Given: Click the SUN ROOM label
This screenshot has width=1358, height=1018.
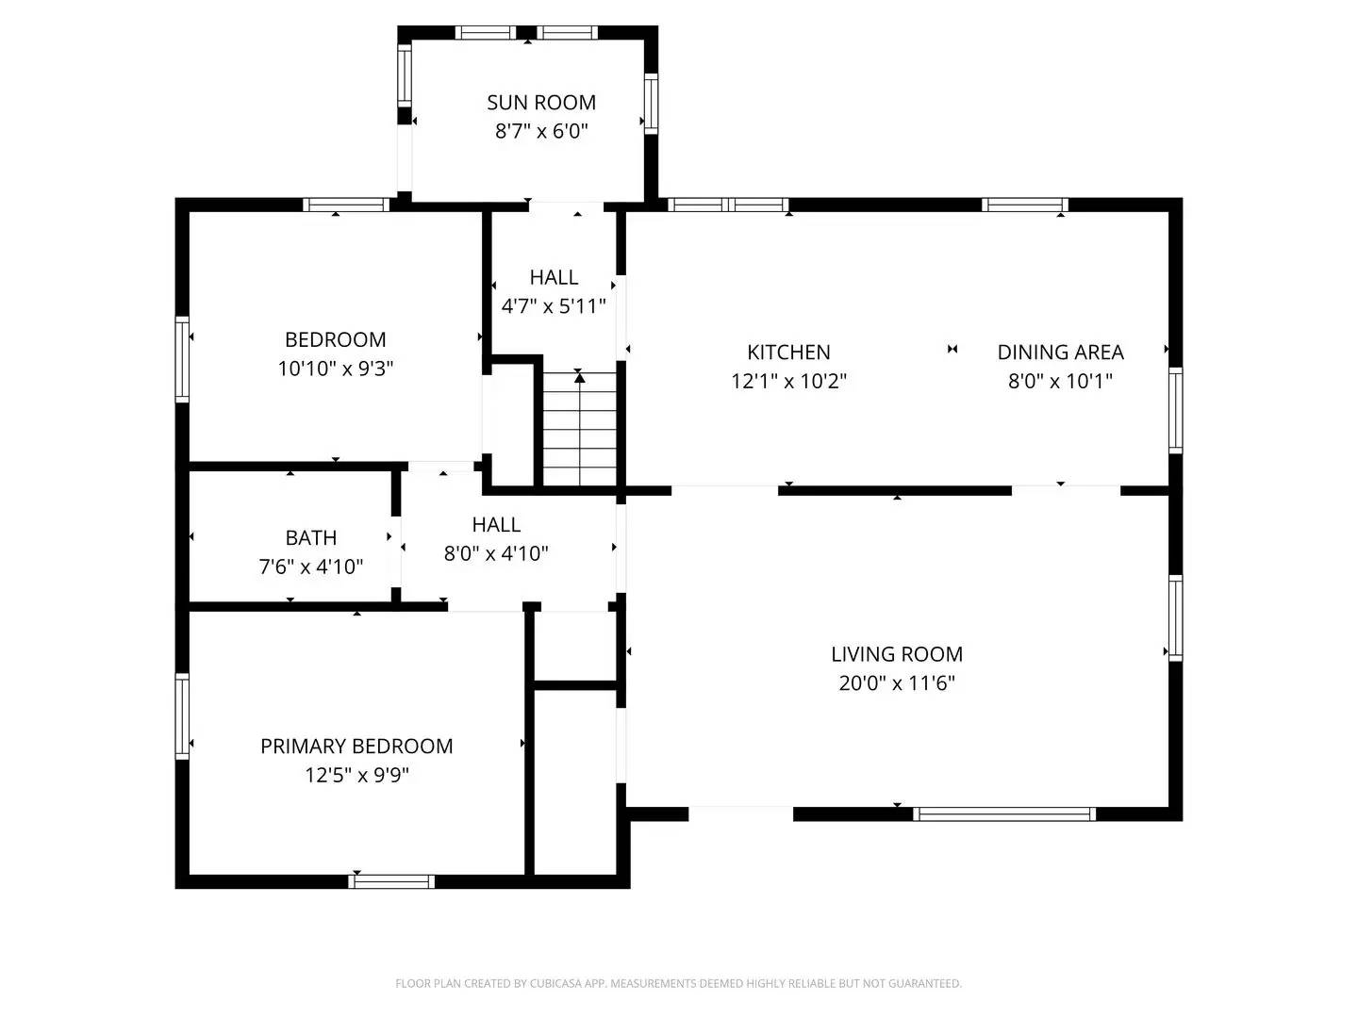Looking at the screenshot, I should tap(541, 102).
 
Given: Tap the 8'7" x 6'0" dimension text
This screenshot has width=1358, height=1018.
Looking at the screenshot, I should tap(541, 131).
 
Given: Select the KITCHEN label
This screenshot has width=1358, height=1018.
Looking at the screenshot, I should tap(788, 352).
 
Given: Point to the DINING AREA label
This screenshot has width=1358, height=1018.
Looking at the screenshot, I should tap(1060, 352).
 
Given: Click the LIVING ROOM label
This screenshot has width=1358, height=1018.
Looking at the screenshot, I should tap(897, 653).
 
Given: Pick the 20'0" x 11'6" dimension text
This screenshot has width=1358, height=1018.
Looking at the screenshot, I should tap(897, 682).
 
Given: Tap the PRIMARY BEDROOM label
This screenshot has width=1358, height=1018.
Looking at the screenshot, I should tap(356, 746).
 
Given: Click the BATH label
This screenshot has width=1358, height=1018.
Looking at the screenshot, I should tap(311, 537).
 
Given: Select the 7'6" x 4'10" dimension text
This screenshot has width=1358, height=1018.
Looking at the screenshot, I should tap(311, 566).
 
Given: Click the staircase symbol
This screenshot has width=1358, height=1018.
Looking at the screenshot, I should tap(579, 429).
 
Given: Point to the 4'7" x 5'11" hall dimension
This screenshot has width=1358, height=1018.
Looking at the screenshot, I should tap(554, 306).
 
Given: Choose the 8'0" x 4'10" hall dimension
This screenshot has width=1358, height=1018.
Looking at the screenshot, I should tap(496, 553).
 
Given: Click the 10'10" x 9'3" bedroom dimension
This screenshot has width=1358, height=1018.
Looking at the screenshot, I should tap(336, 369).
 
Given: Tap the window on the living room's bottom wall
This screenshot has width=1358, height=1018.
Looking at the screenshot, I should tap(1004, 813).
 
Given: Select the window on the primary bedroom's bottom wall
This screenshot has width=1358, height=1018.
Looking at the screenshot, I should tap(391, 881).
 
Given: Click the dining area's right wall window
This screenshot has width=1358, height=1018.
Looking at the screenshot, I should tap(1175, 410).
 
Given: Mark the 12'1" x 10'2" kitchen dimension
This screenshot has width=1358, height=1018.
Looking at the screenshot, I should tap(788, 381).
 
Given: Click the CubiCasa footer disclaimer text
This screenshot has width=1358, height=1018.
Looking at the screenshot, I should tap(678, 983).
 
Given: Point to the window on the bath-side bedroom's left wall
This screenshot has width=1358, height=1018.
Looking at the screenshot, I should tap(182, 360).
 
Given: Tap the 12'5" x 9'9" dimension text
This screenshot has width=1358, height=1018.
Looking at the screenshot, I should tap(356, 775).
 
